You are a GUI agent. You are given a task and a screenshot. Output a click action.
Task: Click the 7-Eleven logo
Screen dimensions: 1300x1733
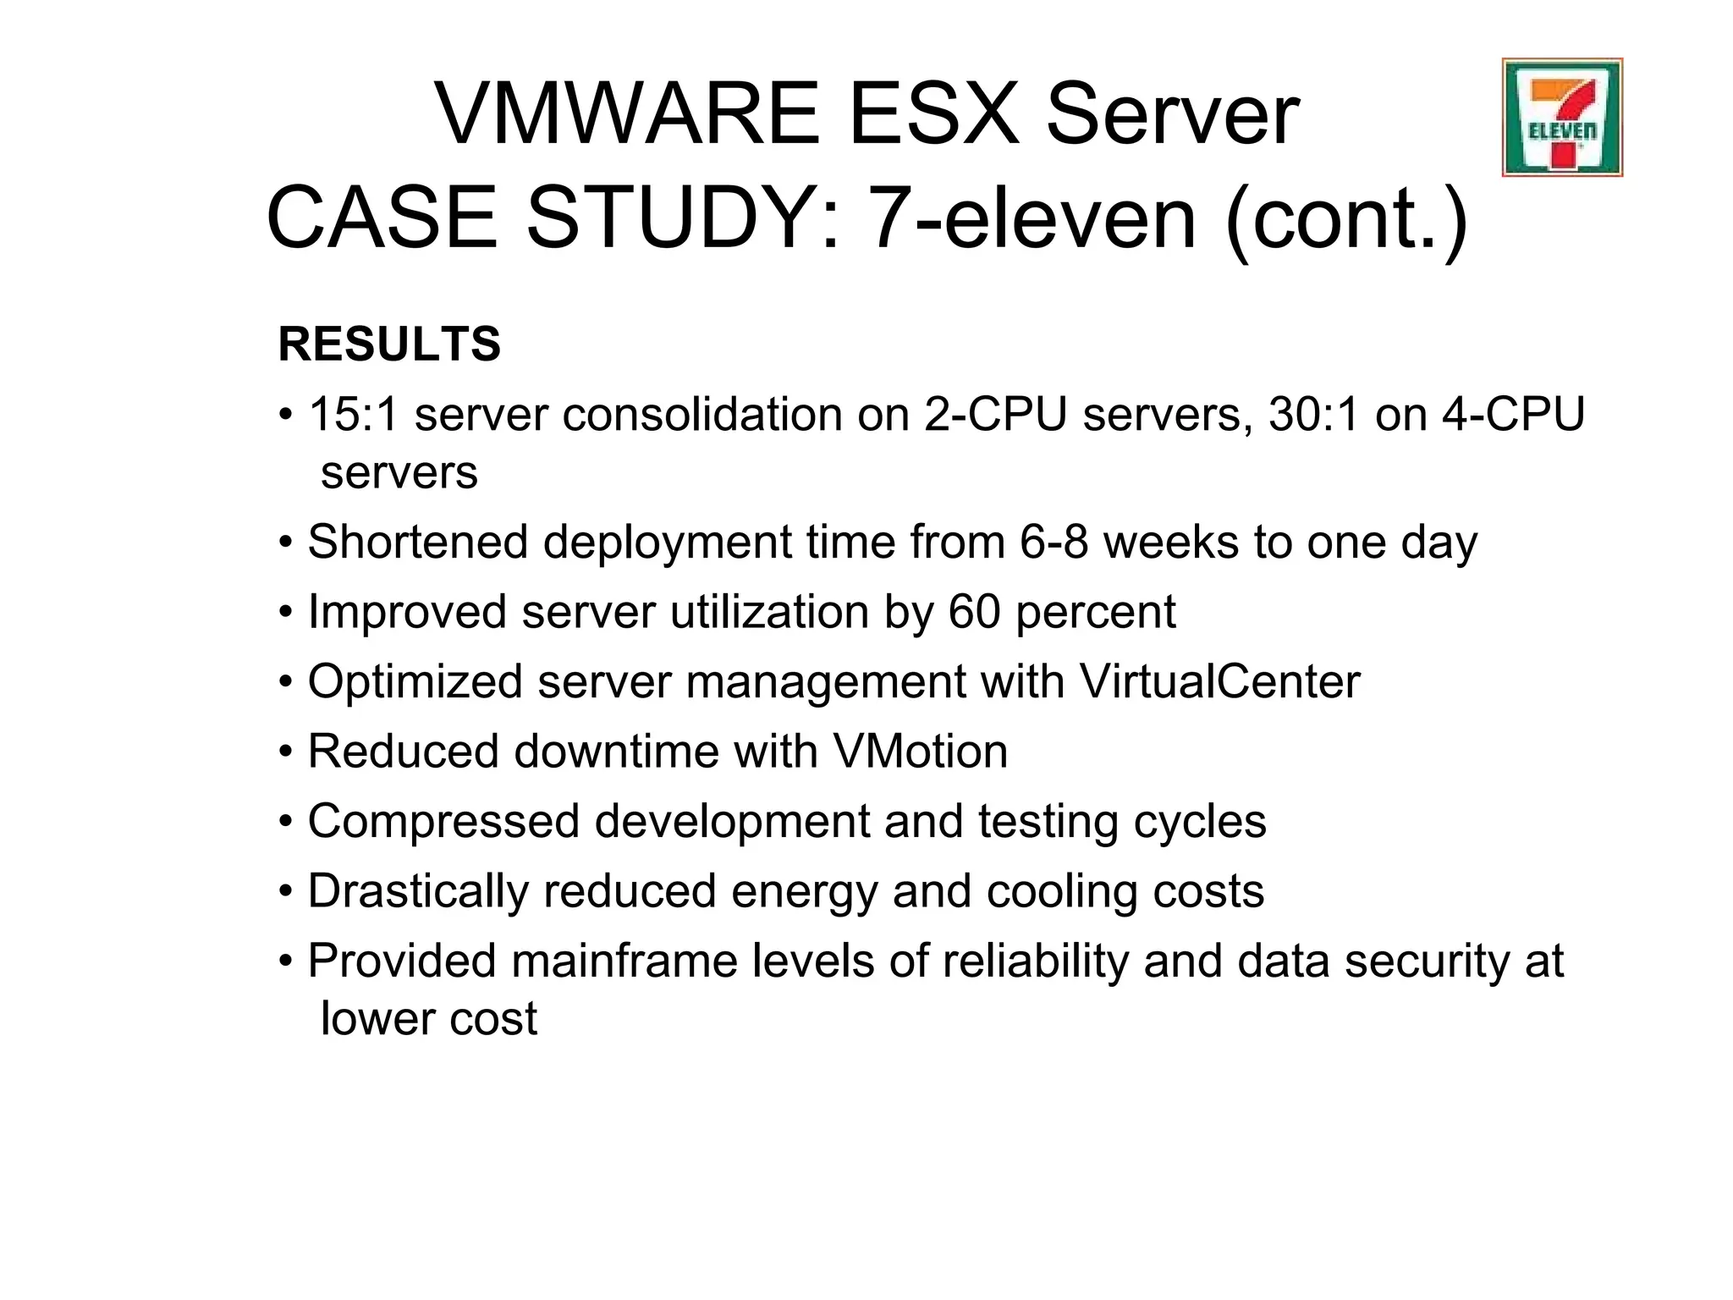tap(1562, 118)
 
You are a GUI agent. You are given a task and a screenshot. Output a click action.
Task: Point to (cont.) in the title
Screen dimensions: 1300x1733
tap(1345, 218)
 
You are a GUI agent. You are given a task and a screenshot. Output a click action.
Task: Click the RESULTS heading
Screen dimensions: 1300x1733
tap(389, 344)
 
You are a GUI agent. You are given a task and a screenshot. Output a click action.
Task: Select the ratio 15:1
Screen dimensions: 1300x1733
tap(353, 415)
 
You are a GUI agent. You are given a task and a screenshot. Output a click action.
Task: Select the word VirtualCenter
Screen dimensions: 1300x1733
tap(1219, 681)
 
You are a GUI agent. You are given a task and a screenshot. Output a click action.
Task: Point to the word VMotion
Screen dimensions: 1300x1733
tap(920, 751)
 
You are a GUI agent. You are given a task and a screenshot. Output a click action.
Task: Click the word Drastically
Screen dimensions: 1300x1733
tap(418, 891)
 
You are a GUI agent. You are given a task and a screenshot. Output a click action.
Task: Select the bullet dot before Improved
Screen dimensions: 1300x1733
tap(287, 612)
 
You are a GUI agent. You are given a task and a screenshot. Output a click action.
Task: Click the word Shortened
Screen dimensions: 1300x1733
tap(418, 542)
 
